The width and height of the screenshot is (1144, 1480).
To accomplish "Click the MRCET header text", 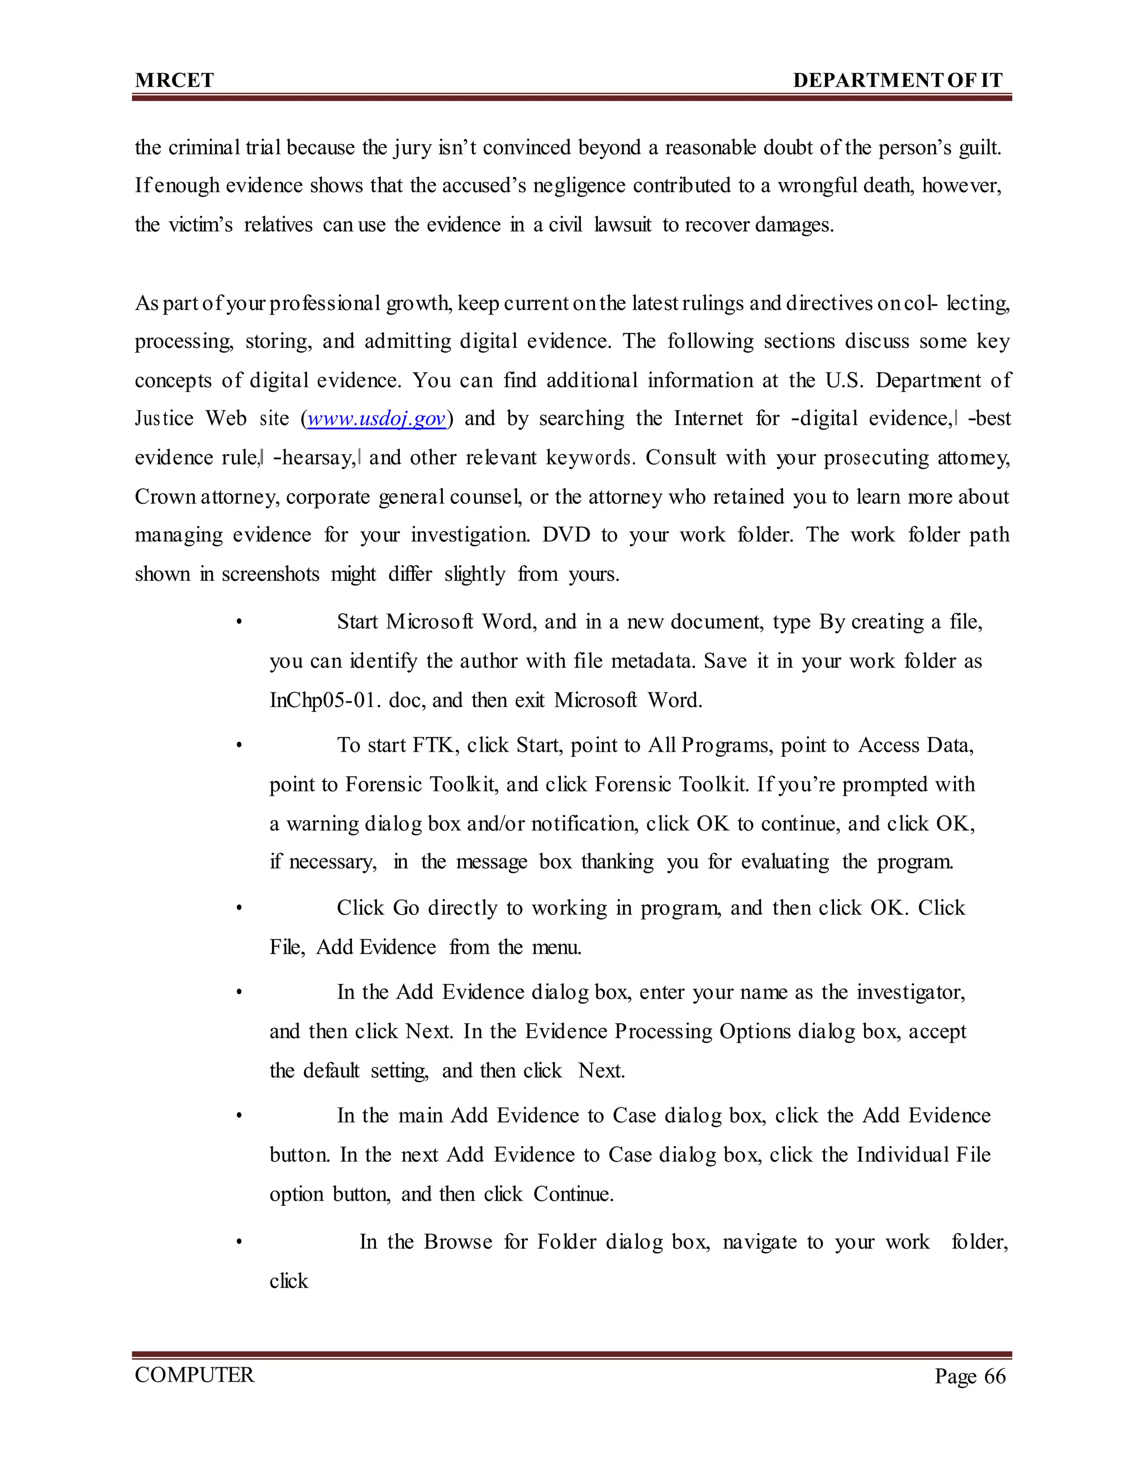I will [174, 80].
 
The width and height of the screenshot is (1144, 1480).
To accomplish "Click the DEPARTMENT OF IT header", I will [897, 80].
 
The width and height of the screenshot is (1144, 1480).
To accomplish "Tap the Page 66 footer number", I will [970, 1376].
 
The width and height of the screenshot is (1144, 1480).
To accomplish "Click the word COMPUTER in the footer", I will [194, 1375].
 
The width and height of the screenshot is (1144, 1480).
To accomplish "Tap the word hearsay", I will [317, 458].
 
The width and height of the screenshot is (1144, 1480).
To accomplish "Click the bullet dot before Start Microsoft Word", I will [239, 622].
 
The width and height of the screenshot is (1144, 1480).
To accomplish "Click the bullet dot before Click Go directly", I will [239, 908].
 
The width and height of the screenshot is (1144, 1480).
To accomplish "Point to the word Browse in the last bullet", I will [458, 1242].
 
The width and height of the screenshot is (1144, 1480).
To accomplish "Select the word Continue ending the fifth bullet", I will [573, 1194].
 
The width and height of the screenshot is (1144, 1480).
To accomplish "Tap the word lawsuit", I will [623, 225].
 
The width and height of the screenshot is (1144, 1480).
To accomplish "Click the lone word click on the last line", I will [289, 1281].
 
